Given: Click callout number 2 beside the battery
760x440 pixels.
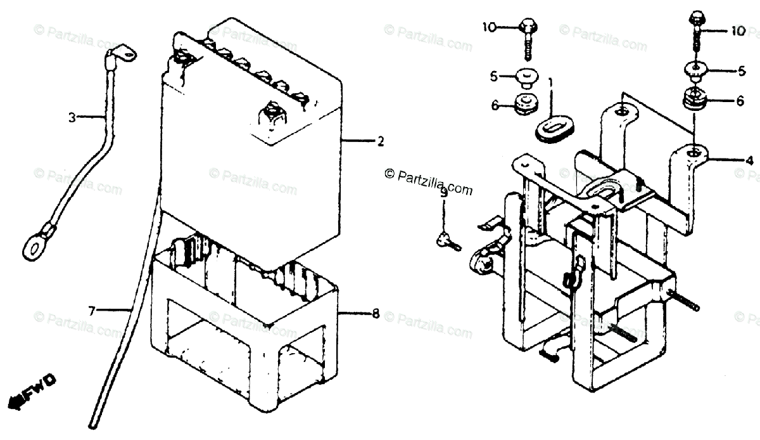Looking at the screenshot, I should pyautogui.click(x=380, y=142).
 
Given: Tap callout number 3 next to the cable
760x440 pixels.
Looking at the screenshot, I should pyautogui.click(x=72, y=117).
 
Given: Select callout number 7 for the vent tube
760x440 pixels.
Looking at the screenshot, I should pyautogui.click(x=92, y=310).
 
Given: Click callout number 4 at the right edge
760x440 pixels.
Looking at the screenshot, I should pyautogui.click(x=749, y=160).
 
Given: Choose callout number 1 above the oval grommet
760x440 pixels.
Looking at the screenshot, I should pyautogui.click(x=550, y=82).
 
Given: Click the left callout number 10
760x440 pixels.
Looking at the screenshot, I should pyautogui.click(x=487, y=27).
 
